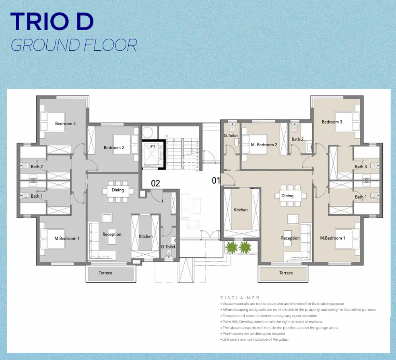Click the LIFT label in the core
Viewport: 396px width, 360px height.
pos(151,147)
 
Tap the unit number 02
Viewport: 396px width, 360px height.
pos(155,184)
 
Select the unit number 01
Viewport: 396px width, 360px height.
pos(216,181)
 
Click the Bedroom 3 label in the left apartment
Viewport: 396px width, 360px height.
pos(65,124)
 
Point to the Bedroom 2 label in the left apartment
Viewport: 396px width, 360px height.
pos(114,148)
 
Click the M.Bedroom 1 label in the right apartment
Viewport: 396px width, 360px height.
pos(332,238)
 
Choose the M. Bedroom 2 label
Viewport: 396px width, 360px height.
pos(264,145)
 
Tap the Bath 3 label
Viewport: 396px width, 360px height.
pos(361,167)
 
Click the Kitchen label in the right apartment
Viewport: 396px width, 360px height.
pos(241,210)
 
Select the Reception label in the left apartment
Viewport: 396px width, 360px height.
pos(112,234)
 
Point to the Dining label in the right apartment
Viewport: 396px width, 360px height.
pos(287,196)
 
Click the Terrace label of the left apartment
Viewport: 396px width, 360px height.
pos(105,273)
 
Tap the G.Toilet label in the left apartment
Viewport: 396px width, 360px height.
pos(168,247)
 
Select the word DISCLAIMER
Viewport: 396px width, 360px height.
pos(240,298)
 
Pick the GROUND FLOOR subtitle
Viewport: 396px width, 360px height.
pos(74,45)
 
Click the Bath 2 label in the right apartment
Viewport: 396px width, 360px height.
pos(297,139)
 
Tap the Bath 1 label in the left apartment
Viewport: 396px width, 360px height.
pos(37,196)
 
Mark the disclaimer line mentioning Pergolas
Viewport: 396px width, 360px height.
pos(255,340)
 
